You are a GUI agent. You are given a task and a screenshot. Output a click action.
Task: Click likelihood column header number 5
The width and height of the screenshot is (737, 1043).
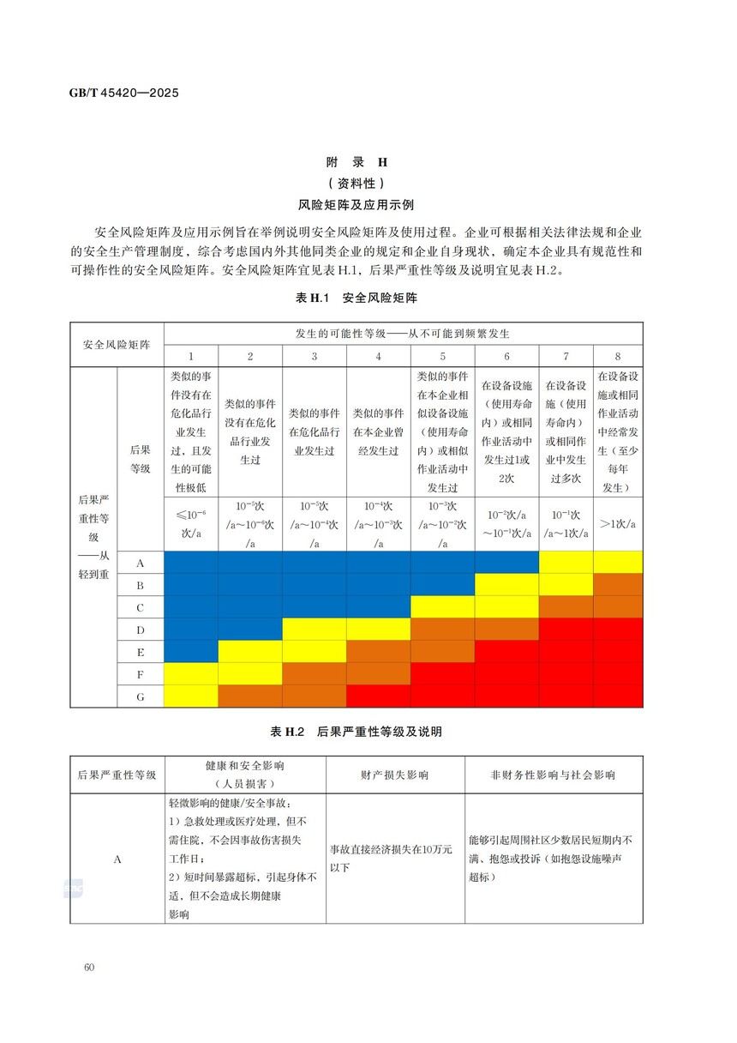pyautogui.click(x=442, y=356)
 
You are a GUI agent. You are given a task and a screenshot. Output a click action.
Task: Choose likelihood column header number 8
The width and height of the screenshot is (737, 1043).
pyautogui.click(x=617, y=356)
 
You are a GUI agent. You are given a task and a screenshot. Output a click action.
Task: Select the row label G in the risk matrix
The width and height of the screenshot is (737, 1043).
pyautogui.click(x=140, y=696)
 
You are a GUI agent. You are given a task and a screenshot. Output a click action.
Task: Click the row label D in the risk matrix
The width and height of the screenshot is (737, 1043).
pyautogui.click(x=140, y=629)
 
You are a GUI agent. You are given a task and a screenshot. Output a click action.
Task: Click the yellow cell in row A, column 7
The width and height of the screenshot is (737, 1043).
pyautogui.click(x=566, y=562)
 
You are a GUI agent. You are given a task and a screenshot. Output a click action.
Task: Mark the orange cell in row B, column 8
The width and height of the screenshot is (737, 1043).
pyautogui.click(x=617, y=584)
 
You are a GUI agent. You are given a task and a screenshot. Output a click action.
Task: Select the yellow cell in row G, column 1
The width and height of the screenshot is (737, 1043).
pyautogui.click(x=190, y=696)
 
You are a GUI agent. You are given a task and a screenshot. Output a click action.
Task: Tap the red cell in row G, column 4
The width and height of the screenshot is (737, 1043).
pyautogui.click(x=378, y=696)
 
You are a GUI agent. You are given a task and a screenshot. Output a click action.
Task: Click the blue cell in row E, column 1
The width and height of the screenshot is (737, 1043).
pyautogui.click(x=190, y=651)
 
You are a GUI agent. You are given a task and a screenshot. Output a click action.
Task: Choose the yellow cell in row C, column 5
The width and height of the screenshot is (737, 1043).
pyautogui.click(x=442, y=606)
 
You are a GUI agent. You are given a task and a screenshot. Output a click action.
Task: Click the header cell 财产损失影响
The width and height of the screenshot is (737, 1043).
pyautogui.click(x=395, y=774)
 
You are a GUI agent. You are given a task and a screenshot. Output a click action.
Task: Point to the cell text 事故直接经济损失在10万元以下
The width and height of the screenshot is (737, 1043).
pyautogui.click(x=394, y=859)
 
